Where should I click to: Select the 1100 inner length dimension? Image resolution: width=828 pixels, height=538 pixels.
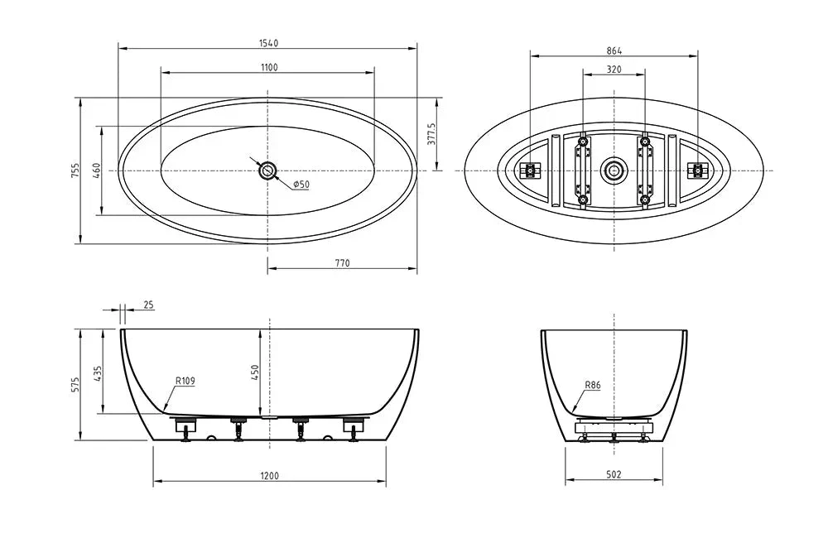[267, 67]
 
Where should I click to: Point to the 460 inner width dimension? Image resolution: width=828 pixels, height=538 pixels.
[96, 171]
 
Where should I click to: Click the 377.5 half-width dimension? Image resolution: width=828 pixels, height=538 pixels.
[431, 134]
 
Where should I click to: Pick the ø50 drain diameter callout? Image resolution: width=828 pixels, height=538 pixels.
[301, 184]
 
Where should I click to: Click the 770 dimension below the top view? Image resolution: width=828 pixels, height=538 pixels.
[342, 263]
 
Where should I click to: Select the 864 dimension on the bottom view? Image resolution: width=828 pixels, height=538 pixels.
[614, 50]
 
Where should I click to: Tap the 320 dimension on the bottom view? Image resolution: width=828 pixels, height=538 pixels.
[614, 70]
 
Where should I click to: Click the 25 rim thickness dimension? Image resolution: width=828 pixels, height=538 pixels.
[148, 305]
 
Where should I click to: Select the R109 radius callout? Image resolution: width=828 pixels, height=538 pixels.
[185, 382]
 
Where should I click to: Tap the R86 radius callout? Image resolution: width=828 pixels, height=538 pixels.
[592, 385]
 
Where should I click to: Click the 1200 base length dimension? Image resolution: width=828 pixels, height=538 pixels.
[269, 475]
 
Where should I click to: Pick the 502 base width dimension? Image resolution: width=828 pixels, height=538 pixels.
[614, 475]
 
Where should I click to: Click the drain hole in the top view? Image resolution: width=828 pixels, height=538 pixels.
[267, 171]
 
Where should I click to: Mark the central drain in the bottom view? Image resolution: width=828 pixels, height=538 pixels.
[614, 171]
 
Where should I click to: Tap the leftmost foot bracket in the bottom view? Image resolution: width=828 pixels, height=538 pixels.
[528, 171]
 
